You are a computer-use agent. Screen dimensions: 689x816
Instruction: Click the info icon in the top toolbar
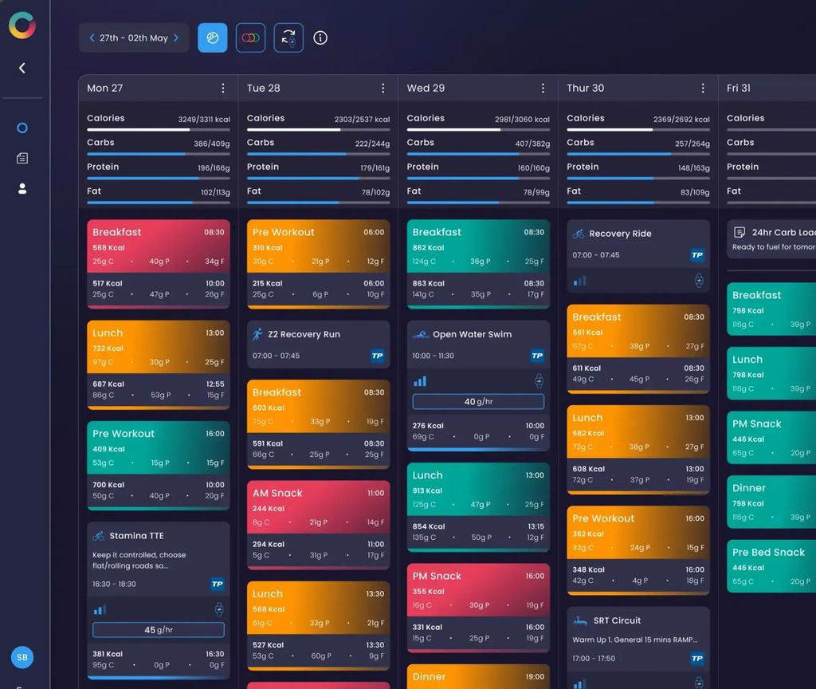[x=320, y=37]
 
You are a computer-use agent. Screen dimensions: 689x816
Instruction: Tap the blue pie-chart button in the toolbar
[x=213, y=37]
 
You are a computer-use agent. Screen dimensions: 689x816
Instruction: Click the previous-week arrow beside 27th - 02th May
[x=92, y=37]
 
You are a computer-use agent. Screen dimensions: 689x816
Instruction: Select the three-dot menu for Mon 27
[x=223, y=89]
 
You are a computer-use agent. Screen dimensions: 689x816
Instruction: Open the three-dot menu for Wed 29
[x=543, y=89]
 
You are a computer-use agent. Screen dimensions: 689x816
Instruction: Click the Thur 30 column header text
[x=585, y=89]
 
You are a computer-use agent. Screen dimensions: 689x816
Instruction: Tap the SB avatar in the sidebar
[x=22, y=658]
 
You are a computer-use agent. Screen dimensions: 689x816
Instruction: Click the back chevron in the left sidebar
[x=22, y=68]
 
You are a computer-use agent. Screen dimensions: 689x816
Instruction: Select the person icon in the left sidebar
[x=22, y=189]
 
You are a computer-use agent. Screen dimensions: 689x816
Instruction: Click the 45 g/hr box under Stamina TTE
[x=159, y=630]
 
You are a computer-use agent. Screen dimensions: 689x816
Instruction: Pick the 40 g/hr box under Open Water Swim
[x=478, y=402]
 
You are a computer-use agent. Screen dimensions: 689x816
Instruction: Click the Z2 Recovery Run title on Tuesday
[x=304, y=334]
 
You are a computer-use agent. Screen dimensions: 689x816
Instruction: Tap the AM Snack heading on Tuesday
[x=277, y=493]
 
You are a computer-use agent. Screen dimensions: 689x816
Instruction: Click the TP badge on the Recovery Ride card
[x=697, y=255]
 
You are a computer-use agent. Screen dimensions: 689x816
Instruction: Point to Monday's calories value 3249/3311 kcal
[x=203, y=120]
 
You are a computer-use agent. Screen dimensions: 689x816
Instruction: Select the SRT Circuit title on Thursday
[x=617, y=620]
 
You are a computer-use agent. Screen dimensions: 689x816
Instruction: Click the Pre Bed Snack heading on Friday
[x=768, y=552]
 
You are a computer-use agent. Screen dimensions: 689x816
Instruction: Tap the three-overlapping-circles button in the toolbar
[x=250, y=37]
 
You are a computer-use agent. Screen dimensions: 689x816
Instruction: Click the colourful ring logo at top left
[x=22, y=25]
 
